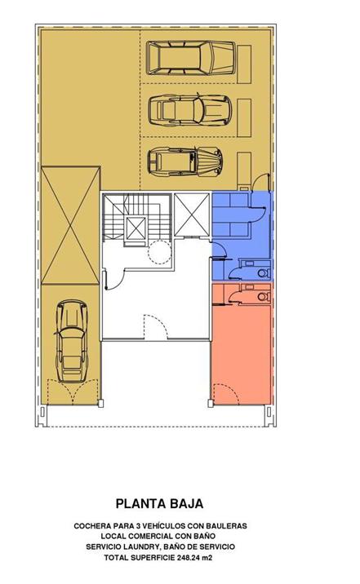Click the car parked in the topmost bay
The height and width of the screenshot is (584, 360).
tap(191, 58)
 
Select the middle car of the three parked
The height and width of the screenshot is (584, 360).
tap(189, 110)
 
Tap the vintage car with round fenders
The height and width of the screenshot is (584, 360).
tap(185, 162)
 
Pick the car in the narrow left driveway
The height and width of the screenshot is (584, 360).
tap(73, 342)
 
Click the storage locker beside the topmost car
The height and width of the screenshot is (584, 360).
tap(244, 64)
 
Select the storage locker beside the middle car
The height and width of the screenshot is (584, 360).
tap(244, 117)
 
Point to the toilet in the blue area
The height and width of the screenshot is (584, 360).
tap(264, 273)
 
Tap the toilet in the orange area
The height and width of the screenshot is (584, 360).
tap(264, 297)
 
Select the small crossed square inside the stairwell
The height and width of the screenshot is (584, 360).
tap(136, 228)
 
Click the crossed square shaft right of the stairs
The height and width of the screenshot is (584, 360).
tap(192, 215)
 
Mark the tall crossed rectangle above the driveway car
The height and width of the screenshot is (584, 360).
tap(71, 226)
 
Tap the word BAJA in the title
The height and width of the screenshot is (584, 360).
tap(187, 504)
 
